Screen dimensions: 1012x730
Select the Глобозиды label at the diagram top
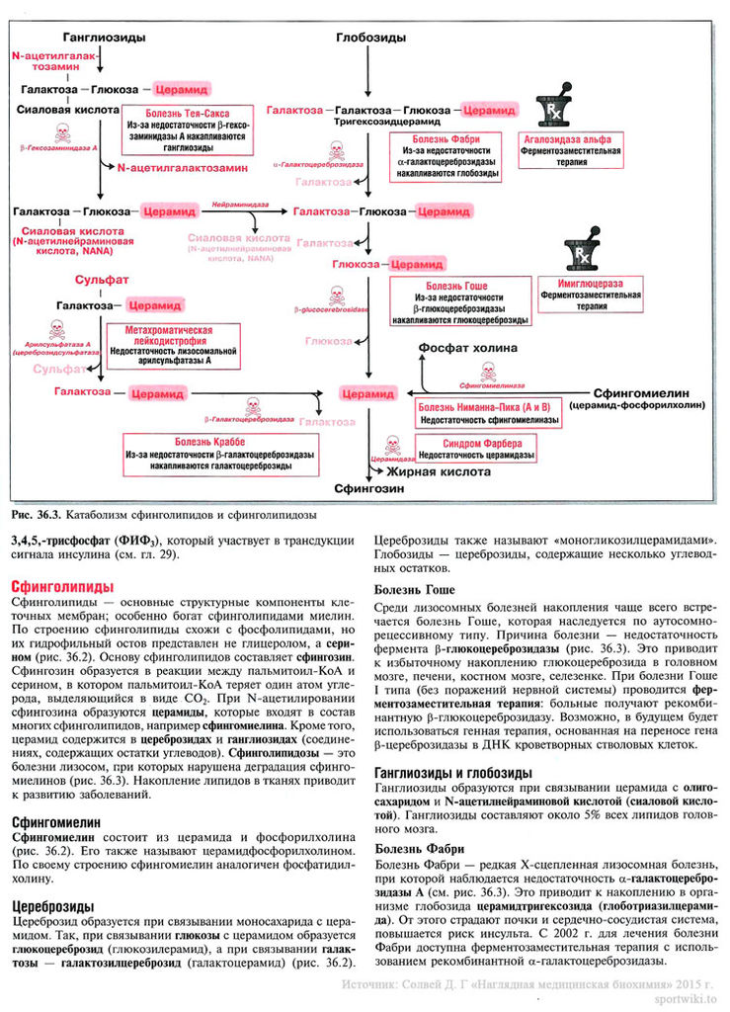click(369, 37)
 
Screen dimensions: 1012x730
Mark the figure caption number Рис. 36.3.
click(39, 515)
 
